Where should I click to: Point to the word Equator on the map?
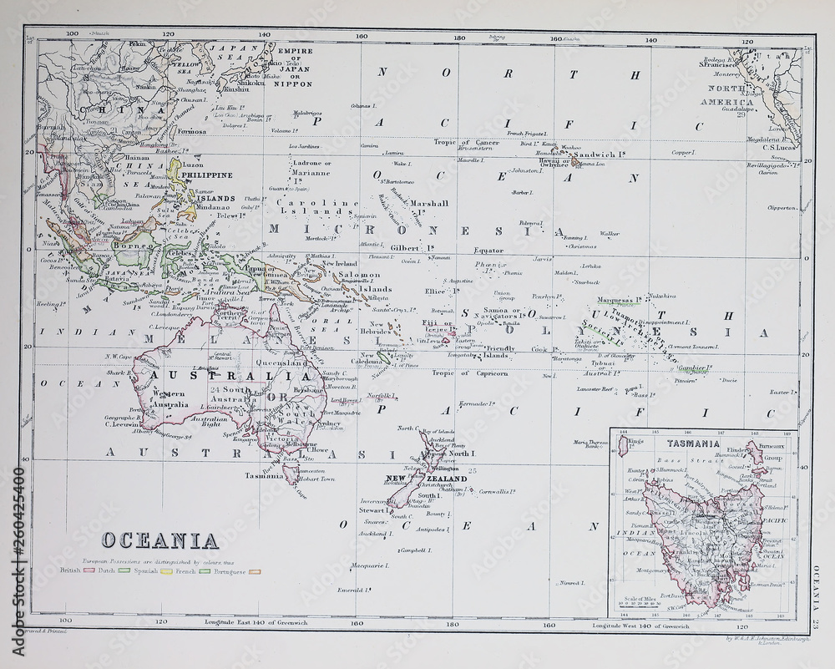(488, 250)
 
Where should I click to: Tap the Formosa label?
(190, 132)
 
